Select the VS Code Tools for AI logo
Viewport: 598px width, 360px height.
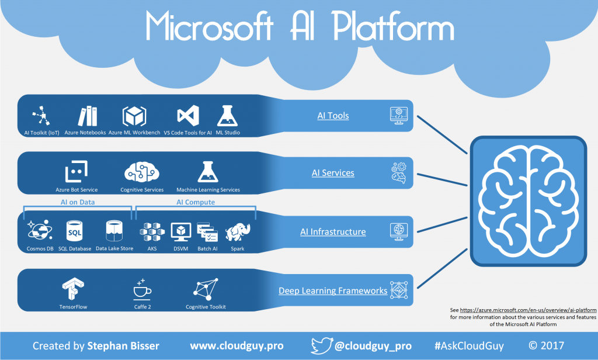click(x=188, y=116)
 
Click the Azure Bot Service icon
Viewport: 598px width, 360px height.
click(x=76, y=172)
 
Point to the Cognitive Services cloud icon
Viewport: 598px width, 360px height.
click(x=141, y=172)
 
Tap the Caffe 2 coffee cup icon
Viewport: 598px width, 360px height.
click(x=142, y=289)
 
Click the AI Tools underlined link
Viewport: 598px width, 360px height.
click(x=333, y=116)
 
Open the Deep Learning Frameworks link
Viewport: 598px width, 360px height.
click(x=333, y=290)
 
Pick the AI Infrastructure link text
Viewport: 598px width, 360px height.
click(x=333, y=232)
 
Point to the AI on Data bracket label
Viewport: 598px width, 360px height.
click(x=78, y=202)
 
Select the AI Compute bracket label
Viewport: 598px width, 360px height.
click(x=196, y=202)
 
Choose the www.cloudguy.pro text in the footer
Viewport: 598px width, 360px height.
click(x=229, y=345)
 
